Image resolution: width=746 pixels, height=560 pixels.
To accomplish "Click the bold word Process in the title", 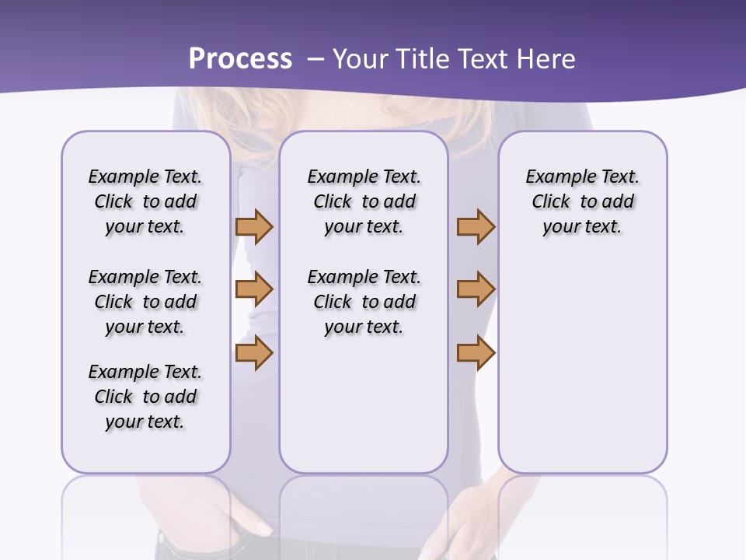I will point(240,59).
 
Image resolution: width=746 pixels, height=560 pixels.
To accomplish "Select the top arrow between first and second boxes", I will point(254,227).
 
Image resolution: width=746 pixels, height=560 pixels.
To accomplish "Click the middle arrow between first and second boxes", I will point(254,289).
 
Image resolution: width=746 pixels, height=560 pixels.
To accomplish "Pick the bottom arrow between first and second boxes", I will point(254,353).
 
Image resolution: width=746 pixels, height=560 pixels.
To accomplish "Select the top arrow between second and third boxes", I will point(476,227).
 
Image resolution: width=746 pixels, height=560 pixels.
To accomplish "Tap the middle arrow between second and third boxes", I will point(476,289).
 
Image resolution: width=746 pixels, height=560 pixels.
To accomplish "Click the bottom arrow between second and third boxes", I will point(476,353).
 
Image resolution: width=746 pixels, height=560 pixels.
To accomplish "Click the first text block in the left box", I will point(145,201).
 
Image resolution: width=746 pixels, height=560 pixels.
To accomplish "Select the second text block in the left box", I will point(145,302).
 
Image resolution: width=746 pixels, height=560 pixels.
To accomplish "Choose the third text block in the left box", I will point(145,397).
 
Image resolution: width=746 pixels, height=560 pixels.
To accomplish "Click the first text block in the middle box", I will point(364,201).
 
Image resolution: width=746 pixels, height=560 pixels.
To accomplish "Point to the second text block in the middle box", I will point(364,302).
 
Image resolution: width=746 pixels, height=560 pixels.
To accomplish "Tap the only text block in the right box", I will point(582,201).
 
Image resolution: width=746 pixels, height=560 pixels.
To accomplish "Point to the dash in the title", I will point(315,59).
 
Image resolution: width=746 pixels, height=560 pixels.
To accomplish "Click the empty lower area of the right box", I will point(582,366).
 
